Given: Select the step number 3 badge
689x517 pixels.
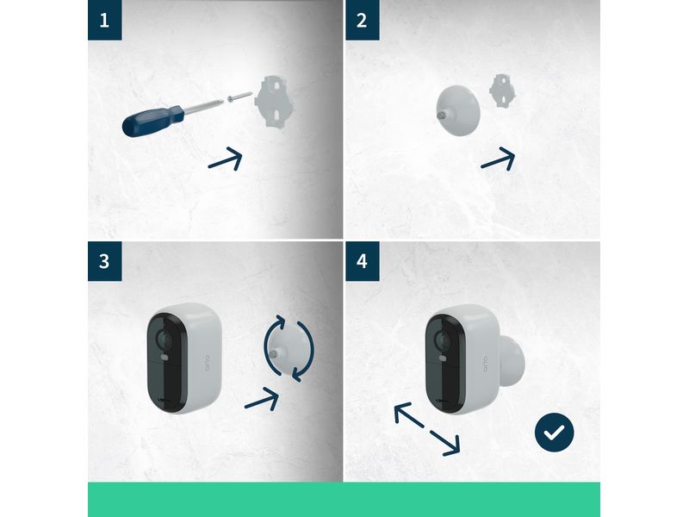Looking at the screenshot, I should click(104, 261).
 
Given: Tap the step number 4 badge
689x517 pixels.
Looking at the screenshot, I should click(362, 261).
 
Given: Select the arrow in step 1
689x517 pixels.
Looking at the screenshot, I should click(225, 159).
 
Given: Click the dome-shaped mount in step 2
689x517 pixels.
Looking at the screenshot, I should click(461, 106).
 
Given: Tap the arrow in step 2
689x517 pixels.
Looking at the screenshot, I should click(497, 159).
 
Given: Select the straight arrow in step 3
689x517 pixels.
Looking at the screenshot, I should click(262, 397).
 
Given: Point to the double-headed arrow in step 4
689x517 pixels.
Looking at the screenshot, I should click(426, 429).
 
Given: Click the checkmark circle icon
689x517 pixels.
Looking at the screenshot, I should click(554, 433).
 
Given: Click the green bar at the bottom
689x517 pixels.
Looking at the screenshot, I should click(344, 500).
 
